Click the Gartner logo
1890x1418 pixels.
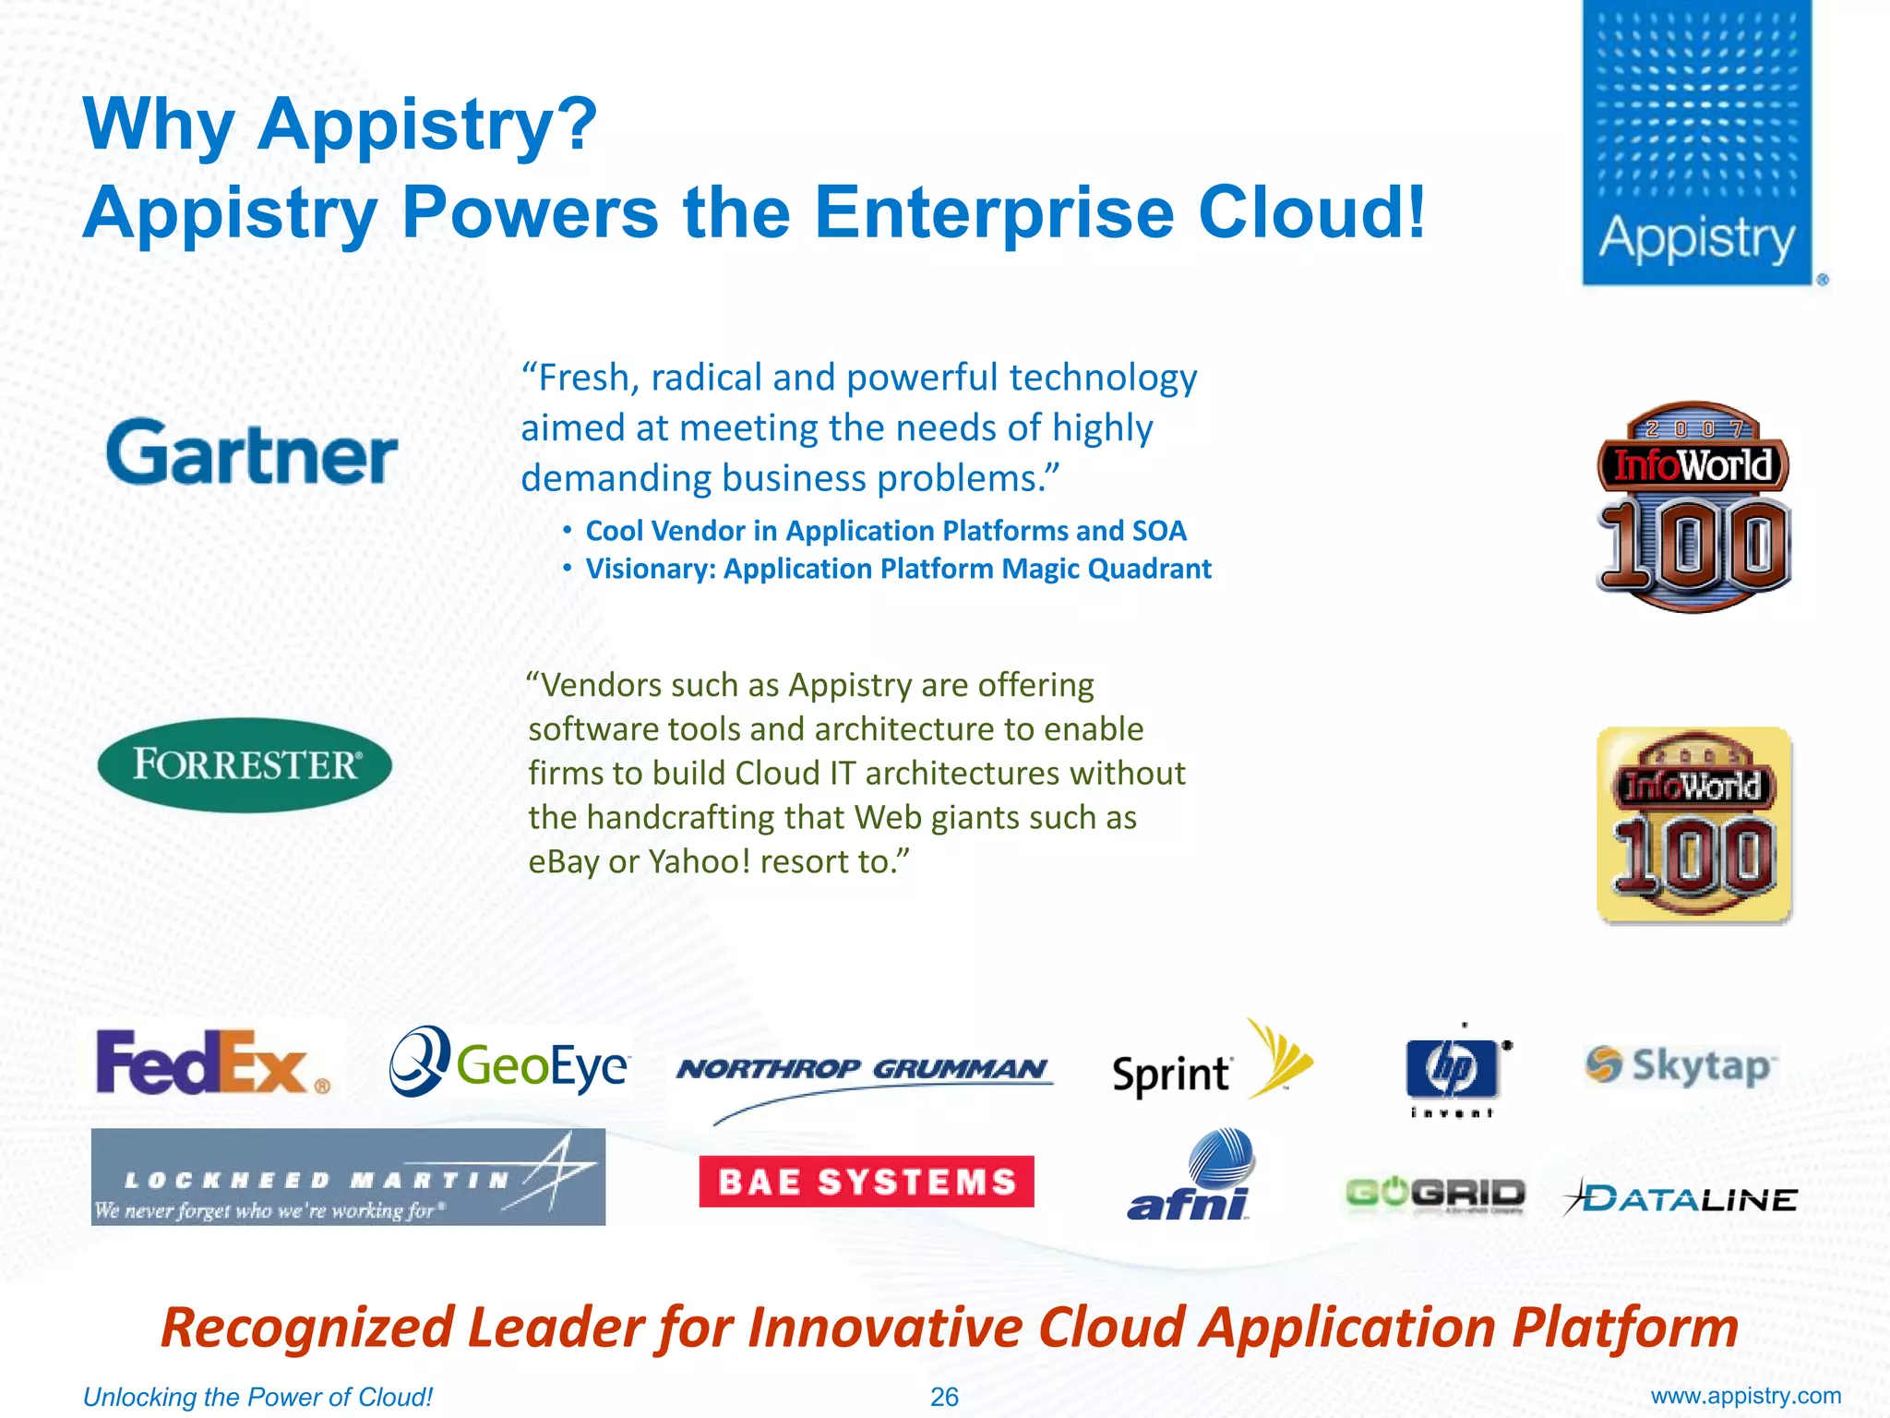pos(251,452)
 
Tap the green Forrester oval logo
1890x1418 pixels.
pos(245,764)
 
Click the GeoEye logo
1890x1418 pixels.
pos(508,1063)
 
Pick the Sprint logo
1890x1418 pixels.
pos(1209,1066)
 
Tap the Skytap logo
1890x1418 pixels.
pos(1680,1065)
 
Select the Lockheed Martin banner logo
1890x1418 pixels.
pos(348,1177)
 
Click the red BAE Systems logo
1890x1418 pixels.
pos(866,1181)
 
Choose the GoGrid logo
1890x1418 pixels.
pos(1434,1195)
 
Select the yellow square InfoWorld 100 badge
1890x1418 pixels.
pos(1693,824)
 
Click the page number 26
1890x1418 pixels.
pos(944,1397)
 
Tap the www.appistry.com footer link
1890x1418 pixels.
pos(1745,1396)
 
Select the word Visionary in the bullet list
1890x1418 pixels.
pos(651,569)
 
